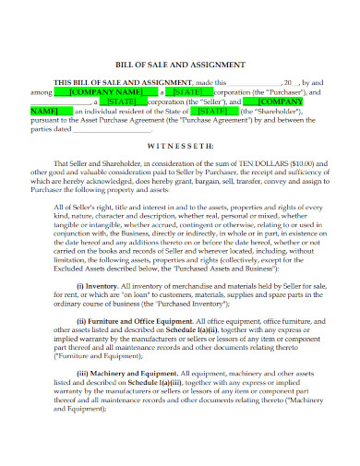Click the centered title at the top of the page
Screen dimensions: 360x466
click(180, 65)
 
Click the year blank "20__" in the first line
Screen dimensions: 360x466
click(290, 83)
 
